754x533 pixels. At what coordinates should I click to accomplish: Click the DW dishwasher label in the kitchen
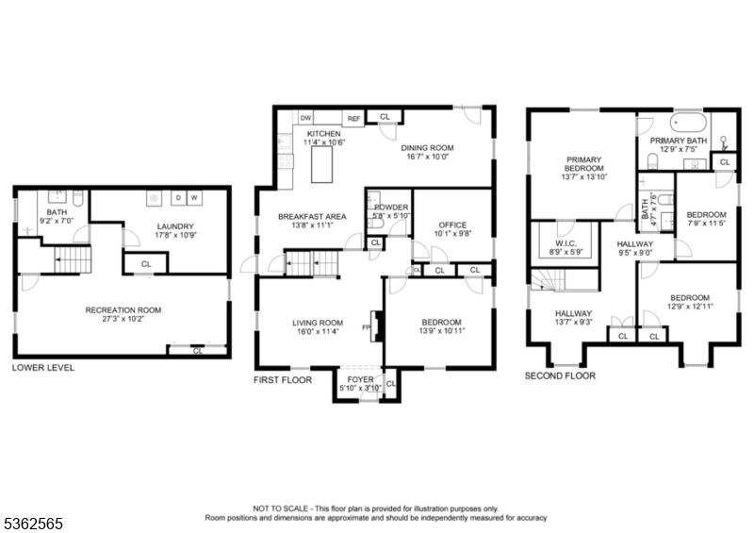(306, 119)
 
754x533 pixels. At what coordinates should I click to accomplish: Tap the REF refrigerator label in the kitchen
(353, 119)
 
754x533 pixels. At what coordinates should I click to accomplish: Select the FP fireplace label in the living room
(365, 326)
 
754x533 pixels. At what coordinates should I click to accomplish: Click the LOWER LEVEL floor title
(43, 368)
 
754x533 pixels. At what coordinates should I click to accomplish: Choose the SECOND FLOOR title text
(561, 375)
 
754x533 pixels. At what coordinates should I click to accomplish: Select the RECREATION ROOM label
(123, 310)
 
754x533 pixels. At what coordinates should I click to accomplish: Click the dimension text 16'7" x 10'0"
(429, 158)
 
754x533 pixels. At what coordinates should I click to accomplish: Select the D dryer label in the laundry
(176, 198)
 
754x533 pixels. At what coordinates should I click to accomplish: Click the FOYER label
(360, 380)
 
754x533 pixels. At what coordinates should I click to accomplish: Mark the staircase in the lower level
(68, 258)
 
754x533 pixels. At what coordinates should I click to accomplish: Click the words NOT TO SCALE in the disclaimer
(280, 508)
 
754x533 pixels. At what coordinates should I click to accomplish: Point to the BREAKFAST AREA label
(312, 217)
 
